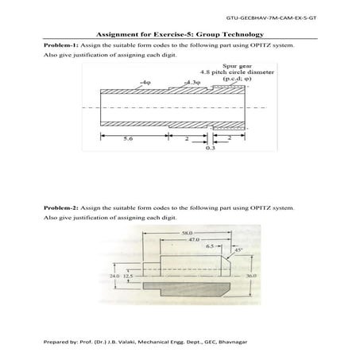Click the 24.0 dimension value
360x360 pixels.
pyautogui.click(x=113, y=275)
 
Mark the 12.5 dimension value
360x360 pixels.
pyautogui.click(x=126, y=275)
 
